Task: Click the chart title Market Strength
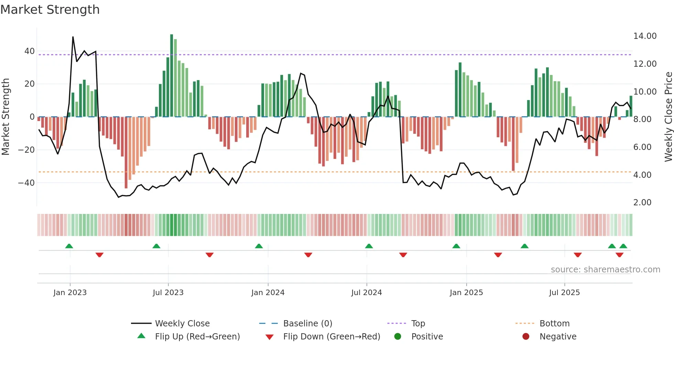tap(50, 10)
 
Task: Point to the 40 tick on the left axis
tap(30, 51)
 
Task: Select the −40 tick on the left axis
tap(26, 183)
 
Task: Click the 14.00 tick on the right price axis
tap(645, 36)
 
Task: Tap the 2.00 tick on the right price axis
tap(642, 203)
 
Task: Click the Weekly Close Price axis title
tap(668, 117)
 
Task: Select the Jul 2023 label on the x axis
tap(168, 293)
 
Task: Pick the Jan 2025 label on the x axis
tap(466, 293)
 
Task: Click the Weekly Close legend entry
tap(182, 324)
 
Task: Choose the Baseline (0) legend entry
tap(307, 324)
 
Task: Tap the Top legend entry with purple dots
tap(418, 324)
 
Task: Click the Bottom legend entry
tap(554, 324)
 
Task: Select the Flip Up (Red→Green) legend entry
tap(197, 337)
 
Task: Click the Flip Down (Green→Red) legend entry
tap(331, 337)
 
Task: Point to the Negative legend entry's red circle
tap(526, 336)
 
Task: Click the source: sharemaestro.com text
tap(605, 270)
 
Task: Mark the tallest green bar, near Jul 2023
tap(172, 76)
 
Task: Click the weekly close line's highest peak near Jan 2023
tap(73, 37)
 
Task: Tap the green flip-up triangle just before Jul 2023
tap(156, 246)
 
